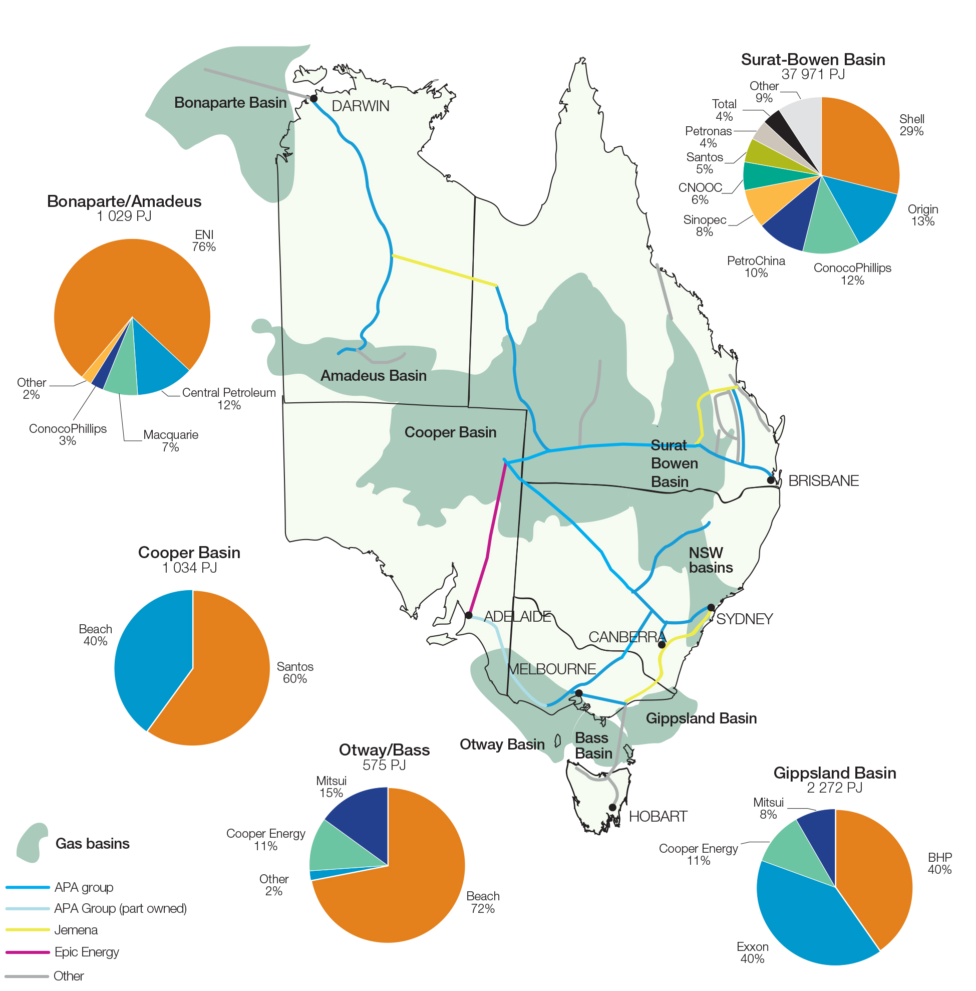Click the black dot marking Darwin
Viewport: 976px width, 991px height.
coord(313,99)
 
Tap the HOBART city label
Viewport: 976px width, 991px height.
coord(658,816)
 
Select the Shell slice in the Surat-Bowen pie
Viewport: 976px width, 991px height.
coord(861,149)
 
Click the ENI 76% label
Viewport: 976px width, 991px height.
coord(204,240)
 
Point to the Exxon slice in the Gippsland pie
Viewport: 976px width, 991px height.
coord(805,918)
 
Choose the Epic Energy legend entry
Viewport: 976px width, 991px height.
coord(86,952)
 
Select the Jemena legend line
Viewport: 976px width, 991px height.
coord(28,930)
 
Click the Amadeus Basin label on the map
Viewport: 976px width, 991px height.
coord(373,375)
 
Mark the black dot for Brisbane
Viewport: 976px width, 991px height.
coord(771,480)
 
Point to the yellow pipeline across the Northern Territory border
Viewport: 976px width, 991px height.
coord(444,270)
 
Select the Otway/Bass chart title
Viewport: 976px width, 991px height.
coord(384,750)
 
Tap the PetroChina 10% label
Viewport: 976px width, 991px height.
coord(756,267)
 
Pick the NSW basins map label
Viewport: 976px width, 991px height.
coord(710,560)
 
